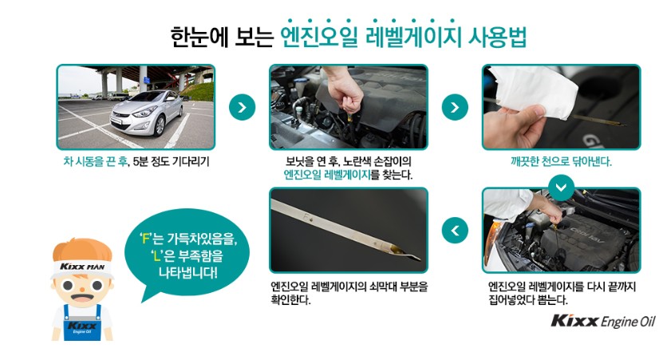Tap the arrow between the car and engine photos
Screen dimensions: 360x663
point(242,107)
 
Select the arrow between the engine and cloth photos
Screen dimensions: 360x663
point(455,107)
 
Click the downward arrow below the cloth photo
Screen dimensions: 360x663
point(561,187)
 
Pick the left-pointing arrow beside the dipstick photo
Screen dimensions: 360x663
point(455,231)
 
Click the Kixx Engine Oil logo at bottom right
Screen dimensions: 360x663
point(602,321)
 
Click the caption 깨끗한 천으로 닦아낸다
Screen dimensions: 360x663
point(561,161)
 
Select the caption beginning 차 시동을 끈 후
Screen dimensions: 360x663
point(135,161)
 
